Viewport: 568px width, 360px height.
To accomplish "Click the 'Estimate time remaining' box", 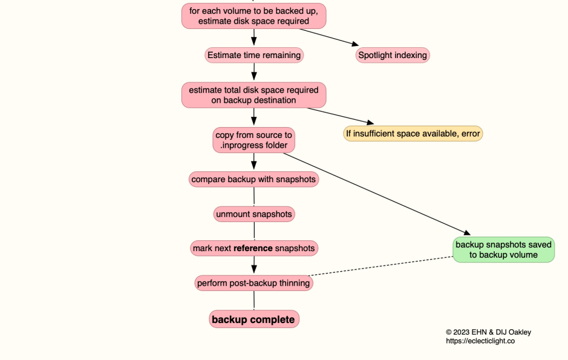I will (253, 55).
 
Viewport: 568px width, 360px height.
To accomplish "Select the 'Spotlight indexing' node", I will (393, 55).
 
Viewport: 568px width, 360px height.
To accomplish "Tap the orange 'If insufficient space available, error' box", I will (413, 133).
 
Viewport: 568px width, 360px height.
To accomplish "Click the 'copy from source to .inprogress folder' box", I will (253, 140).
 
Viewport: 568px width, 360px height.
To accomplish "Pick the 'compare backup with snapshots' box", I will (253, 179).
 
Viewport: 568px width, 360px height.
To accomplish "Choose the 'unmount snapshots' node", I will (253, 214).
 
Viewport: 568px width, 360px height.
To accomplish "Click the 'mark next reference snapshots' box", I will (253, 248).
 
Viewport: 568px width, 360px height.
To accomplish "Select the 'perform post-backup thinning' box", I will (253, 283).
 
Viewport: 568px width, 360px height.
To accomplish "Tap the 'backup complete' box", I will (253, 319).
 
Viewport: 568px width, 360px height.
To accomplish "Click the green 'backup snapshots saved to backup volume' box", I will (503, 250).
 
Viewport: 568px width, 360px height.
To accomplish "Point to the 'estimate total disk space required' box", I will (253, 95).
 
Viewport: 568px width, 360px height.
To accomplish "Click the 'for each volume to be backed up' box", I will (253, 16).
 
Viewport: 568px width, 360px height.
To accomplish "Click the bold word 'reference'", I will (253, 248).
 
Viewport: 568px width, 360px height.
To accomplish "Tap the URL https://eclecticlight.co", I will (480, 341).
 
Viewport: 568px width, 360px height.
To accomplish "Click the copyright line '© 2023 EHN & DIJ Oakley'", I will (488, 332).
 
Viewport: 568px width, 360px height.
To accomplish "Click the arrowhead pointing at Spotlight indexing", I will (353, 44).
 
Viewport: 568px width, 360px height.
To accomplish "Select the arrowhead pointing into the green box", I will (466, 233).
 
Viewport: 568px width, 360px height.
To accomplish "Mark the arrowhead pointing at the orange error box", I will (369, 122).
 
